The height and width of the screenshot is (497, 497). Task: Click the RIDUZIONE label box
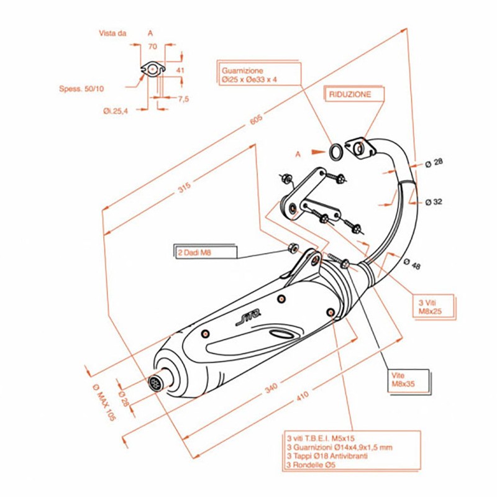point(350,94)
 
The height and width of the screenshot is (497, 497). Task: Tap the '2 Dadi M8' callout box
point(204,252)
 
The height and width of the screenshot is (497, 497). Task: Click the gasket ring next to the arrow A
point(335,150)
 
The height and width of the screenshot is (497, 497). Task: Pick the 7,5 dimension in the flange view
point(183,99)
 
